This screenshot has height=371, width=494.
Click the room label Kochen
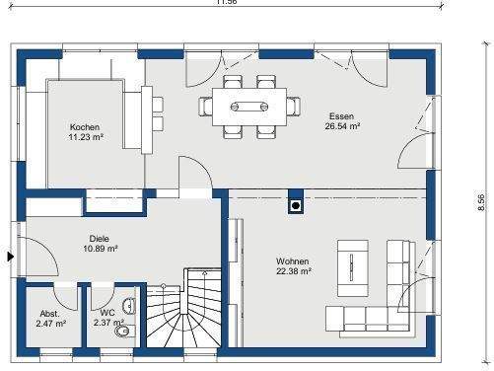[84, 128]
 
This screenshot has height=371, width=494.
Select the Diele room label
[100, 239]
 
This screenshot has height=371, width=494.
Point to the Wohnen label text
[293, 260]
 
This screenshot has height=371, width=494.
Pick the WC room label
[106, 313]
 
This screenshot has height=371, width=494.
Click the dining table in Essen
[251, 104]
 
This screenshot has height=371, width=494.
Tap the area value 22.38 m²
[294, 270]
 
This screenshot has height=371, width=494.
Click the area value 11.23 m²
[85, 139]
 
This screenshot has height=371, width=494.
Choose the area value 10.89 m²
[101, 249]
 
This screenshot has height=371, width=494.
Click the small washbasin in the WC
[132, 307]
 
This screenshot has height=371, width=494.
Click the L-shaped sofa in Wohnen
[389, 296]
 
